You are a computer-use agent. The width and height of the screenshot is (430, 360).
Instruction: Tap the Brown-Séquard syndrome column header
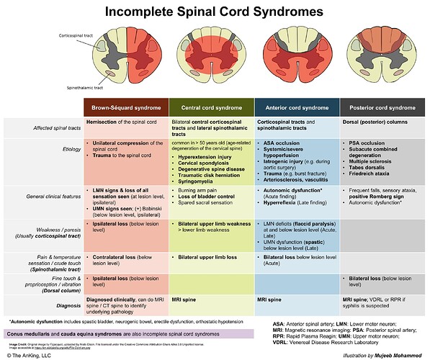125,107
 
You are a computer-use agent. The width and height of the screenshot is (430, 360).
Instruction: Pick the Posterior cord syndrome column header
380,107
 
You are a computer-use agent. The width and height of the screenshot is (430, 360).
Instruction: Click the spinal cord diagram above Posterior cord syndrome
380,57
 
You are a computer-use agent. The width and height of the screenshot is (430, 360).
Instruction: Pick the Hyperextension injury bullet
209,155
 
